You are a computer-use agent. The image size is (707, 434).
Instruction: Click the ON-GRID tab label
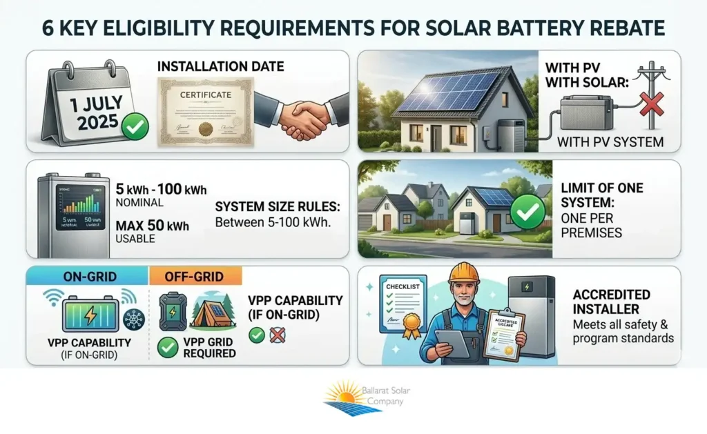[x=87, y=276]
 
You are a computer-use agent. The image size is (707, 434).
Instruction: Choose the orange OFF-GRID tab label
[x=196, y=276]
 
